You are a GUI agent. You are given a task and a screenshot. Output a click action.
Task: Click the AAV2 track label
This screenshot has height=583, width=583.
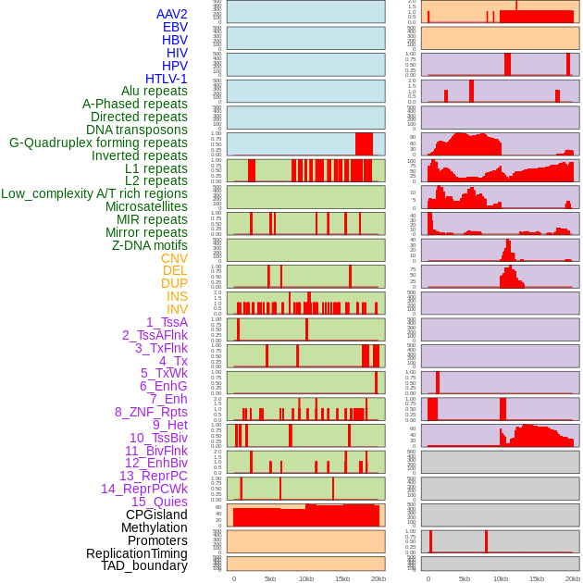click(172, 14)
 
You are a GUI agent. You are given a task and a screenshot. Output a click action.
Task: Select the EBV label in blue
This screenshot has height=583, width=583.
click(175, 27)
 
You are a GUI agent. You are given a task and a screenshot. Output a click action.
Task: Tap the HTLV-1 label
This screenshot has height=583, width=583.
click(167, 79)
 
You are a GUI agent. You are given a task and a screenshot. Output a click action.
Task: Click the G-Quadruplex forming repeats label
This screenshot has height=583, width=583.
click(98, 143)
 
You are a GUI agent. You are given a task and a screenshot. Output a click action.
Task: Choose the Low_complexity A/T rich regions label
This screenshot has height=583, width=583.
click(94, 193)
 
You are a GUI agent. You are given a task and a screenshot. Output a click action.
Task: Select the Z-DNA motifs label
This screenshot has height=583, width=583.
click(150, 245)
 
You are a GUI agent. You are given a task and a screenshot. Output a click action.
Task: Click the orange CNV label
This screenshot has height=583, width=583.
click(174, 258)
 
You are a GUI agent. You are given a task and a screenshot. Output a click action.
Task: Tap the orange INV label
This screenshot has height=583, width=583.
click(177, 309)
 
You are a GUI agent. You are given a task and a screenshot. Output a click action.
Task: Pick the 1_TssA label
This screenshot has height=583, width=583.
click(167, 322)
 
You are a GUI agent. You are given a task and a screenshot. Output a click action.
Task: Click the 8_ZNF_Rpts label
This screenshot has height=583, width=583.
click(151, 412)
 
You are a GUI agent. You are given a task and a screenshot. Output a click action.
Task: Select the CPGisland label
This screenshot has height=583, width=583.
click(156, 515)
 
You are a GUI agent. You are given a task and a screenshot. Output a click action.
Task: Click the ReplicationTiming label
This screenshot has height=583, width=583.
click(137, 553)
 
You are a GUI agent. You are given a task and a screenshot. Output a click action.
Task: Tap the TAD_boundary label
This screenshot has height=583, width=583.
click(144, 565)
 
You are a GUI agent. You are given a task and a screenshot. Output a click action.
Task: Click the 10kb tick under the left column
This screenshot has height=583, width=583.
click(305, 578)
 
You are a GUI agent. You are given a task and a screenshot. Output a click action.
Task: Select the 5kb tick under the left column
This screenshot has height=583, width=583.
click(270, 578)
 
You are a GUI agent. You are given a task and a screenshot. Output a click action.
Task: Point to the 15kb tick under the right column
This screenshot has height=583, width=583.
click(537, 578)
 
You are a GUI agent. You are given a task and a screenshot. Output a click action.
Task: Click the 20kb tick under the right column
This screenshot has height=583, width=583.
click(573, 578)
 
